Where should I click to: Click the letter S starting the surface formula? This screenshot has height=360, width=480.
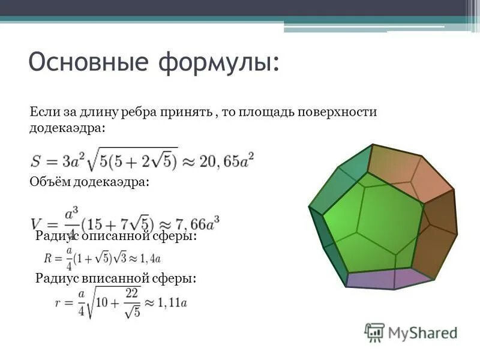point(37,161)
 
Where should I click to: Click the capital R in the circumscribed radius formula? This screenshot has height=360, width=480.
point(49,259)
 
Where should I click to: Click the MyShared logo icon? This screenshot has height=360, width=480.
point(374,332)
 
